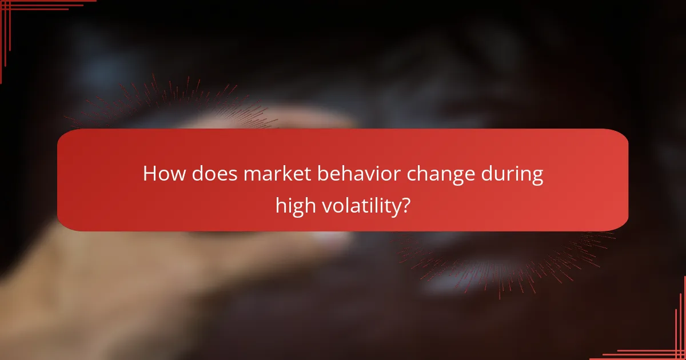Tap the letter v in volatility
click(x=326, y=206)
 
